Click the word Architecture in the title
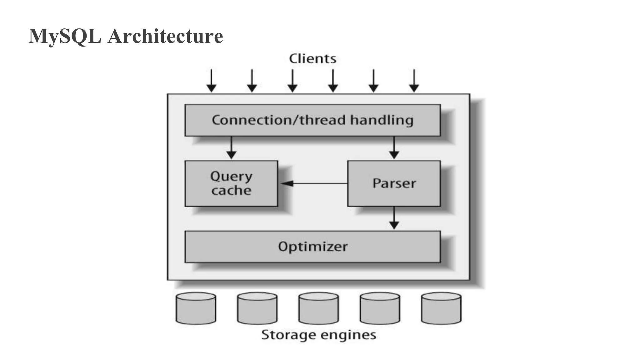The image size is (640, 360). [165, 36]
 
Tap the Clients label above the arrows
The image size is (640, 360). [312, 59]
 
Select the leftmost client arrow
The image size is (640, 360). [212, 81]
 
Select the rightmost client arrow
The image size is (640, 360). [414, 81]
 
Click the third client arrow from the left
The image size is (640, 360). [292, 81]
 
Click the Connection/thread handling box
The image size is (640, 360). [312, 120]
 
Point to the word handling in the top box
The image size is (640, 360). [382, 120]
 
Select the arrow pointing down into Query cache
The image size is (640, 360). [231, 148]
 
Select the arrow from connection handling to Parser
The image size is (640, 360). [394, 148]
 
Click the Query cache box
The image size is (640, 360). [231, 183]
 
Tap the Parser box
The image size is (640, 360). [394, 183]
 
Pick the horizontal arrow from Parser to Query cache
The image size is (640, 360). [314, 183]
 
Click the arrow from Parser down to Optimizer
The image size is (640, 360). [394, 218]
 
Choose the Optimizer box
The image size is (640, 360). [312, 247]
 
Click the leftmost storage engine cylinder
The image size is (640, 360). [196, 308]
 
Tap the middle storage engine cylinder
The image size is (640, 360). [318, 308]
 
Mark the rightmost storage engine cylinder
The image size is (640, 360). [441, 308]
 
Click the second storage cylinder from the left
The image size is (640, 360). [257, 308]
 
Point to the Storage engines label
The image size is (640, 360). [318, 335]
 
